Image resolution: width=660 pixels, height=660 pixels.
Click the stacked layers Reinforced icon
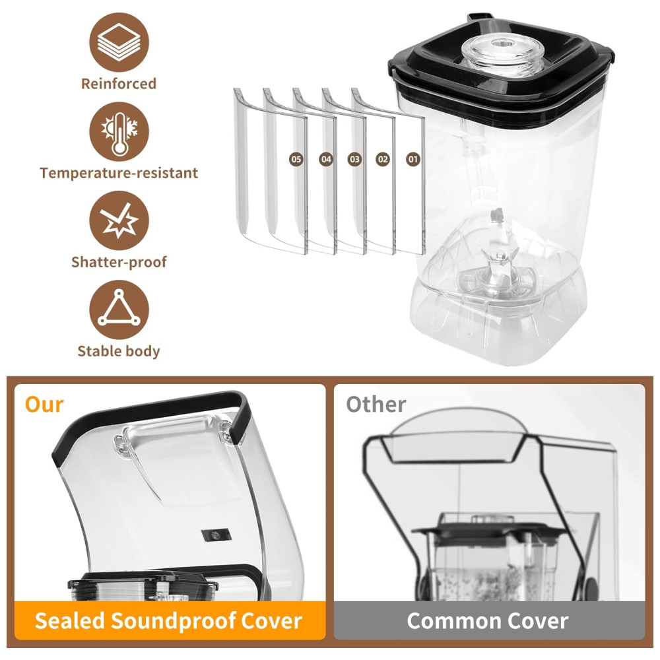[119, 42]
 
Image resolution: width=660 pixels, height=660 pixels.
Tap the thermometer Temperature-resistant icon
[119, 131]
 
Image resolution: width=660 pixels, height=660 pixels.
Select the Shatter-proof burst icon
[119, 220]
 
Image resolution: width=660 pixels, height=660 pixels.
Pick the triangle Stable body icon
[119, 310]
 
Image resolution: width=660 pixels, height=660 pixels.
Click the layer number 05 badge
[296, 159]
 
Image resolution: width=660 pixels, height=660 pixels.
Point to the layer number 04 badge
[326, 159]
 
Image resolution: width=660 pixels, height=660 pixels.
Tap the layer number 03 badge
[354, 159]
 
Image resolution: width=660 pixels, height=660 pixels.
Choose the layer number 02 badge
[383, 159]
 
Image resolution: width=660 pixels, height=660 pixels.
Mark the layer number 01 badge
[413, 159]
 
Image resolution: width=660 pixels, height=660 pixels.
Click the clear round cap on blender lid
[502, 55]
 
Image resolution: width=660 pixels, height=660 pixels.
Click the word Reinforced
[119, 84]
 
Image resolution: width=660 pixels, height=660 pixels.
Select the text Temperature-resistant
[119, 173]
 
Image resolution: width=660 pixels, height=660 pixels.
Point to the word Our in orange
[44, 405]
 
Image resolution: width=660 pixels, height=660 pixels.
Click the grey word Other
[376, 405]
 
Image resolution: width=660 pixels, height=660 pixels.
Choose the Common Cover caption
[488, 621]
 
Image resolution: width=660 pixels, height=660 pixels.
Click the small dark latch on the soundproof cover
[216, 535]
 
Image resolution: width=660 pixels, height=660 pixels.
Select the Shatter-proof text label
[119, 262]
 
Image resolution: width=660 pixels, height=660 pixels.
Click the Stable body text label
[119, 352]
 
